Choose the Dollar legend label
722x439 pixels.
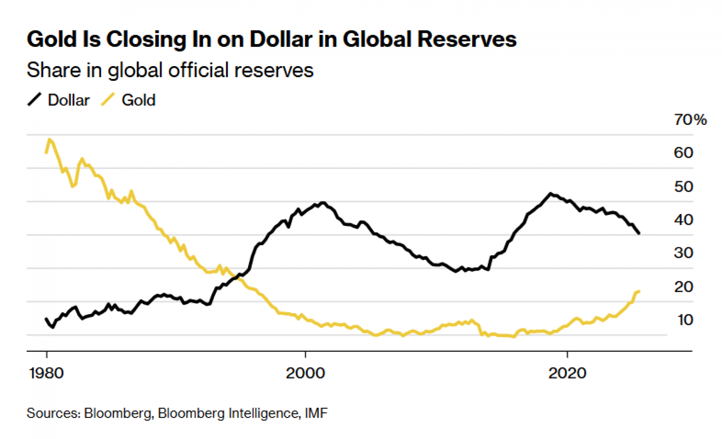point(69,100)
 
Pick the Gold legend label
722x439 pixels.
point(139,100)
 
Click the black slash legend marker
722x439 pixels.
point(35,100)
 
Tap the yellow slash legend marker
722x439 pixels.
point(108,100)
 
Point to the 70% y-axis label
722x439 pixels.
point(690,120)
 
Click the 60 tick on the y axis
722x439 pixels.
point(683,153)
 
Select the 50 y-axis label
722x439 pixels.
point(683,187)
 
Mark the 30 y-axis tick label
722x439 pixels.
point(683,253)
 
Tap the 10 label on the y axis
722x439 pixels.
point(685,320)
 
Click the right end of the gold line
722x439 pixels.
point(639,291)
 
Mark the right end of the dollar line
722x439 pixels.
point(639,234)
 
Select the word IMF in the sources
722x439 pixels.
point(316,413)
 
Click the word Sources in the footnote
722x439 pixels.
point(53,413)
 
